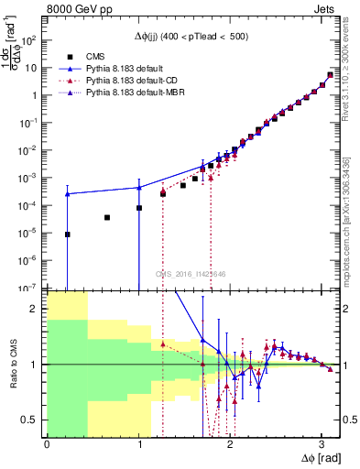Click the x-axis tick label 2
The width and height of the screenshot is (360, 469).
230,443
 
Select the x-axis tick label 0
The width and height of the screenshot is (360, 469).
47,443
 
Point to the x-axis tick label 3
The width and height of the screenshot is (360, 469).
322,443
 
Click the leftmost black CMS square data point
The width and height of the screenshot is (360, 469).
67,234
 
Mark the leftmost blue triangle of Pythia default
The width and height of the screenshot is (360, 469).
67,194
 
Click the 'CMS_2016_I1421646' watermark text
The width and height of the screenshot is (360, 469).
191,274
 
